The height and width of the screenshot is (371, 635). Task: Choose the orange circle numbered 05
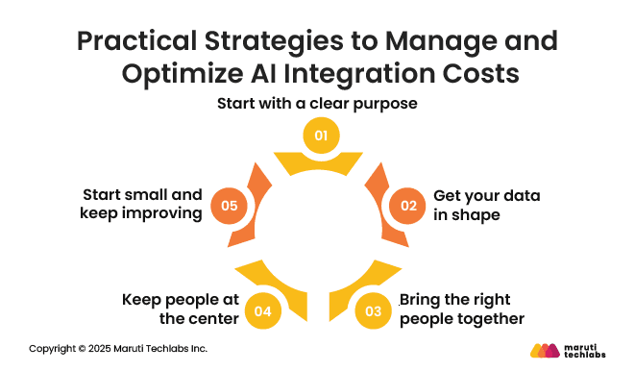[228, 205]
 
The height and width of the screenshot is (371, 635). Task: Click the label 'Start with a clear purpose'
[316, 104]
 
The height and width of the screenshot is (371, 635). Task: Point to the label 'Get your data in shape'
[486, 205]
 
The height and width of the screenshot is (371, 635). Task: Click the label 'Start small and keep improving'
[142, 205]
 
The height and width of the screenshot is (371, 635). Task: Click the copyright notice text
[118, 348]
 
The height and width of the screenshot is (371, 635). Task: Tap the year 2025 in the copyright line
[97, 348]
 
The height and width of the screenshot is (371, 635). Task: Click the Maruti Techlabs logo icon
[545, 349]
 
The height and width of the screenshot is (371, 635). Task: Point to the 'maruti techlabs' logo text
[588, 349]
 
